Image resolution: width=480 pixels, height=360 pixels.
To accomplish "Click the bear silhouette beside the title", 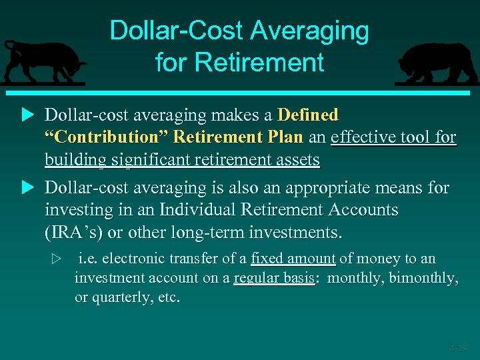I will click(x=436, y=63).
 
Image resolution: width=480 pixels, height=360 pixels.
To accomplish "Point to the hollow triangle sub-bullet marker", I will click(x=57, y=259).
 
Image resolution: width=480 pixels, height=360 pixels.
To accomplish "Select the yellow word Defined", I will click(x=308, y=115).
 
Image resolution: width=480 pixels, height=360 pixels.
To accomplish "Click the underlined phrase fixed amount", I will click(x=293, y=259).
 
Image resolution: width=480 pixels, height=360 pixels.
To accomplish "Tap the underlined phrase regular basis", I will click(x=274, y=278).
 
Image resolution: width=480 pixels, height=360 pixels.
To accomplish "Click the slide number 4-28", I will click(x=458, y=348).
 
